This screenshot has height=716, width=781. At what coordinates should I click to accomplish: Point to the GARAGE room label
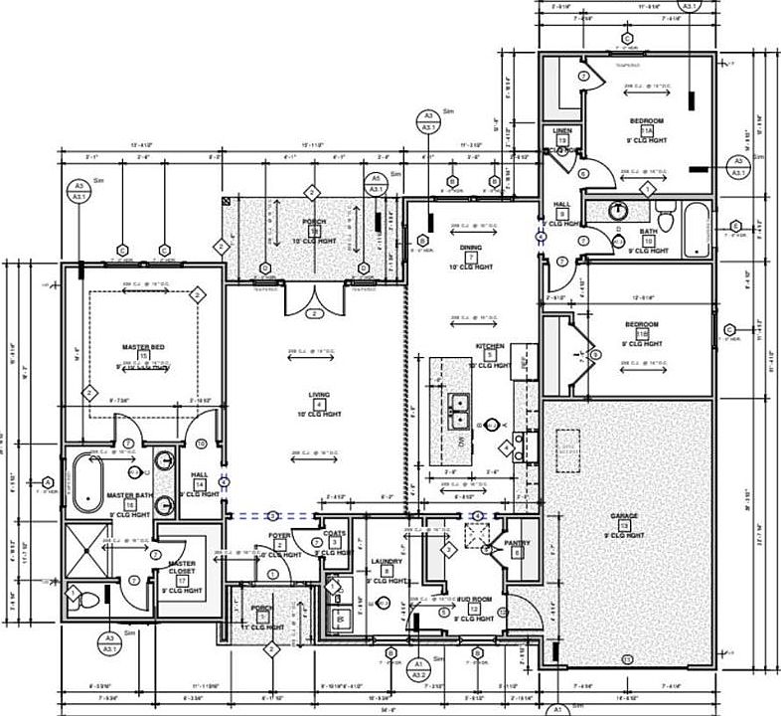tap(625, 517)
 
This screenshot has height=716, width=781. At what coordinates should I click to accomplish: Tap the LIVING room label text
tap(319, 395)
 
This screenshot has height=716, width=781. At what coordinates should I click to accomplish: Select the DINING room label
tap(470, 248)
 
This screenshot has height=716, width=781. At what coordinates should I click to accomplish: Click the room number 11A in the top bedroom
tap(647, 130)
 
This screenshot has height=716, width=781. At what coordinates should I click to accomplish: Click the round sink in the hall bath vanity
tap(618, 210)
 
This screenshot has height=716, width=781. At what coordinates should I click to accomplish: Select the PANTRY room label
tap(517, 543)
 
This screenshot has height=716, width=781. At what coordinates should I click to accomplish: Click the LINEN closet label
tap(561, 130)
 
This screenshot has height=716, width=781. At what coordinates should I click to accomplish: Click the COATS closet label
tap(335, 533)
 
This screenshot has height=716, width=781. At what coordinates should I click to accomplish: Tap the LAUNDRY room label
tap(386, 561)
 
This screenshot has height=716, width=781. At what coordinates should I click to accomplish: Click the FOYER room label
tap(279, 535)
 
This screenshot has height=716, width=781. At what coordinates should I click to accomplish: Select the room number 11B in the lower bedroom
tap(643, 334)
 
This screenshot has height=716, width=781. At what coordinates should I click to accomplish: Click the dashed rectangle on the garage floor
tap(569, 450)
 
